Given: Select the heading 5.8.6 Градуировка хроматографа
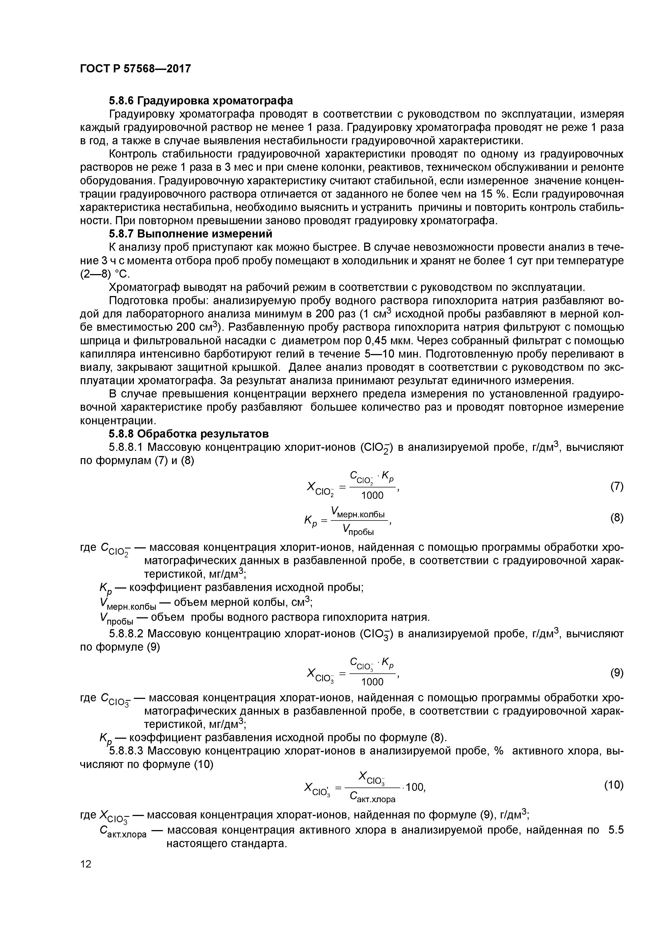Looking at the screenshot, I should click(x=201, y=101).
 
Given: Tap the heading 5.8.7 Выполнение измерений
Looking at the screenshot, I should click(x=190, y=234).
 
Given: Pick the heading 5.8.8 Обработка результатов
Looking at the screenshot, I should click(x=189, y=434).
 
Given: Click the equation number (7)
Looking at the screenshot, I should click(x=616, y=486).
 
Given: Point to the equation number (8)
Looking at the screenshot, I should click(x=616, y=518).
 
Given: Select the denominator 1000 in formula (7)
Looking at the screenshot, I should click(x=372, y=495).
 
